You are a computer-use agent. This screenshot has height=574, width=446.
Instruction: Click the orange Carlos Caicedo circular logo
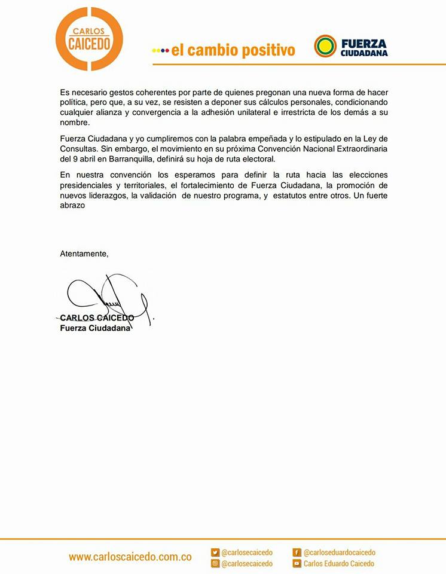click(88, 38)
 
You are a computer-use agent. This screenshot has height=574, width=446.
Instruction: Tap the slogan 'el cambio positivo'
click(233, 50)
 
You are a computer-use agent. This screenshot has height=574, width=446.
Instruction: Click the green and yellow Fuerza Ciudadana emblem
click(325, 45)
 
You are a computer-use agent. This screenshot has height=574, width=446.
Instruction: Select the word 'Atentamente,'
click(84, 254)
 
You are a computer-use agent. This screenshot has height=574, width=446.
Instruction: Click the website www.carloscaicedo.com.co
click(130, 557)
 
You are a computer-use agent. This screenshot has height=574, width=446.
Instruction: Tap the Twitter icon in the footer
click(215, 552)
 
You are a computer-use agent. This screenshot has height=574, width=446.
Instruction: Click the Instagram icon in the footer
click(215, 563)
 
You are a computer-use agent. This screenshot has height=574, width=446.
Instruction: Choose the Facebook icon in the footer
click(297, 552)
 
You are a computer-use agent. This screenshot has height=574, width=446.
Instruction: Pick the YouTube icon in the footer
click(297, 563)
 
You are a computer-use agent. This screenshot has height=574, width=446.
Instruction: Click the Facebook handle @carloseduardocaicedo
click(339, 552)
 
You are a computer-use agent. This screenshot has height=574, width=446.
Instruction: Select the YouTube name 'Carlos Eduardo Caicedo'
click(338, 563)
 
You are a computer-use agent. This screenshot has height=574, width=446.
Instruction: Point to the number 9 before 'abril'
click(77, 159)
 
